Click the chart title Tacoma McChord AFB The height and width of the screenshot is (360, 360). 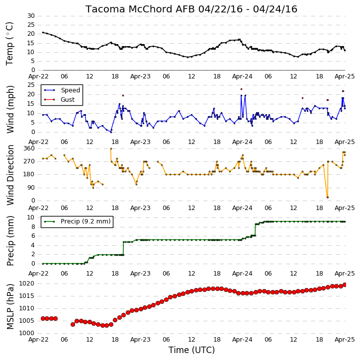click(140, 9)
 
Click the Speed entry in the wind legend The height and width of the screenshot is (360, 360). click(70, 90)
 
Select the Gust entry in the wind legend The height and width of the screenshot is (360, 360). click(68, 100)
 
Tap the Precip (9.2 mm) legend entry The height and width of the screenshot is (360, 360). click(86, 221)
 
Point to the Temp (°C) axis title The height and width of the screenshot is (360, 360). click(9, 44)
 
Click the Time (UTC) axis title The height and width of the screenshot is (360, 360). click(191, 350)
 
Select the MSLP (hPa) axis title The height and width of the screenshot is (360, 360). click(10, 307)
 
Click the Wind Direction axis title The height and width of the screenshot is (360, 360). click(10, 175)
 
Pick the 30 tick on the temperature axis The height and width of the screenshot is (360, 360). click(31, 16)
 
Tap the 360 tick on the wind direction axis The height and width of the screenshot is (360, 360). click(29, 148)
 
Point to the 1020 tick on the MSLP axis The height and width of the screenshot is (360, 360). click(26, 284)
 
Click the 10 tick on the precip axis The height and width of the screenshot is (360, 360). click(31, 217)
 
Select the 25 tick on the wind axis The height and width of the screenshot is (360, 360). click(31, 85)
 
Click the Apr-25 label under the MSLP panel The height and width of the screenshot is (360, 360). click(345, 340)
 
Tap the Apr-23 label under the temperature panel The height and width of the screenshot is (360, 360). click(140, 76)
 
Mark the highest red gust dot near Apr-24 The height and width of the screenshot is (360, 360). click(241, 89)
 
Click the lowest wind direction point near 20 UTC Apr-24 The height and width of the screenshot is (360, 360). click(328, 198)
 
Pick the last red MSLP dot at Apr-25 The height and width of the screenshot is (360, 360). click(345, 285)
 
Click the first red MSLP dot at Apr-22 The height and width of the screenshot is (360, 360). click(43, 318)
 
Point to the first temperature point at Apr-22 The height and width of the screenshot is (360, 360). click(43, 32)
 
